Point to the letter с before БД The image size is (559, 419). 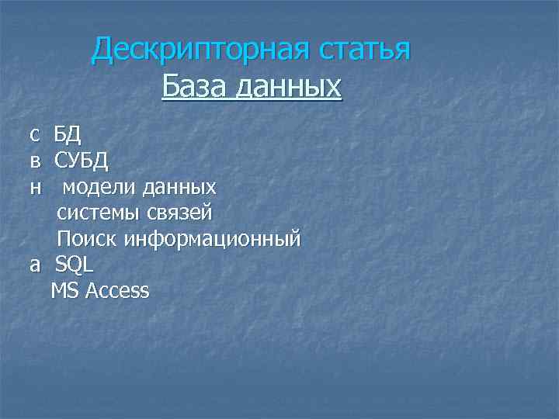[34, 136]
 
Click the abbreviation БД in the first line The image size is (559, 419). [68, 135]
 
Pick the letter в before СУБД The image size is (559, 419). [35, 161]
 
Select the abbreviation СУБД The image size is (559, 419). [82, 161]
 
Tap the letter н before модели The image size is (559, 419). [35, 188]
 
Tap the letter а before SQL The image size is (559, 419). [35, 265]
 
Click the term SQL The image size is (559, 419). [75, 264]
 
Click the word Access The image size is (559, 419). [118, 291]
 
